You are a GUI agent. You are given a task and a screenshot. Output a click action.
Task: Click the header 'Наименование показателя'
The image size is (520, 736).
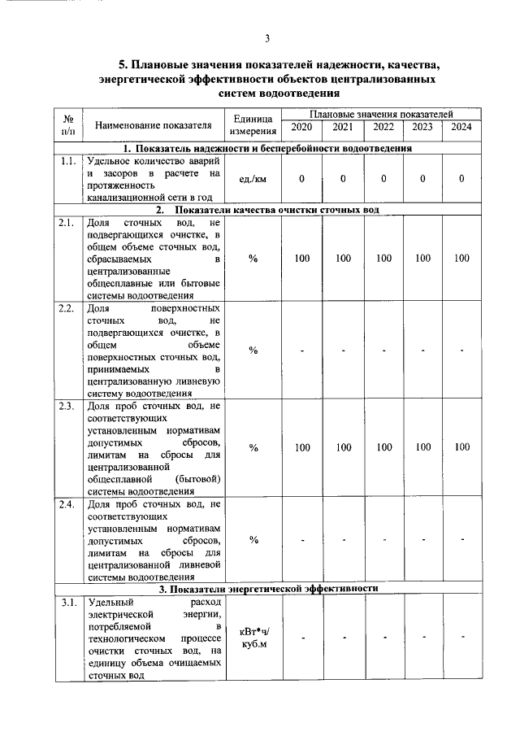[x=153, y=125]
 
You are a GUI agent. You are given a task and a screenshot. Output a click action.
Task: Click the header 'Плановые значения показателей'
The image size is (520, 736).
[x=381, y=115]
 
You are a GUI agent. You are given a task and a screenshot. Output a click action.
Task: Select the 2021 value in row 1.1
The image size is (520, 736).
[x=343, y=179]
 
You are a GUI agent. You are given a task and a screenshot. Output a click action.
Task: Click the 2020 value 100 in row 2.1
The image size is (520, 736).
[x=301, y=259]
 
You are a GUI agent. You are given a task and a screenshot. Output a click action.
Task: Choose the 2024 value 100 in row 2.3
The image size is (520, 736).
[x=461, y=447]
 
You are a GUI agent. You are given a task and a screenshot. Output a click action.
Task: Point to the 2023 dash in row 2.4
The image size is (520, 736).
[x=422, y=540]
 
